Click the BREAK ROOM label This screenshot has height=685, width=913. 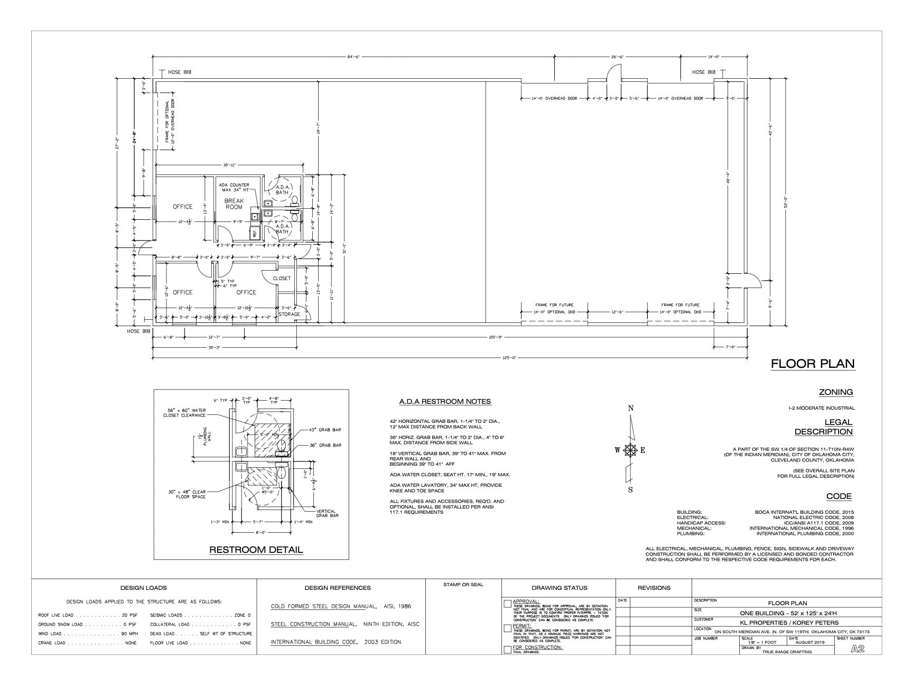click(234, 204)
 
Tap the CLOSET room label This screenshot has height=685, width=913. click(282, 279)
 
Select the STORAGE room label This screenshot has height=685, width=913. click(289, 314)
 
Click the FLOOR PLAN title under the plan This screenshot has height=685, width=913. click(812, 364)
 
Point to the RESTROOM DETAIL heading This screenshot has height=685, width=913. click(256, 550)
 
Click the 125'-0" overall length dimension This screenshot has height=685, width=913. click(509, 358)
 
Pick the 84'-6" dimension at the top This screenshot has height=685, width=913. click(353, 57)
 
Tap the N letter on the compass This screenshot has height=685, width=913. click(630, 408)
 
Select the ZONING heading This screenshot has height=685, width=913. click(835, 392)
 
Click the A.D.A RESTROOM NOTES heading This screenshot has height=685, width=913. click(445, 402)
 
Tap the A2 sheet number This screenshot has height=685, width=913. click(858, 649)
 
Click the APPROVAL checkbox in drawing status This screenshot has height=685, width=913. click(508, 603)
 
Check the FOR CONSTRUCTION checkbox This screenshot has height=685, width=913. click(508, 649)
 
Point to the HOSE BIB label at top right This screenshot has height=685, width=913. click(704, 72)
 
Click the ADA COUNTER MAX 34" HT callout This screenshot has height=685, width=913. click(234, 187)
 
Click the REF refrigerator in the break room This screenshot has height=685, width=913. click(255, 232)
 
